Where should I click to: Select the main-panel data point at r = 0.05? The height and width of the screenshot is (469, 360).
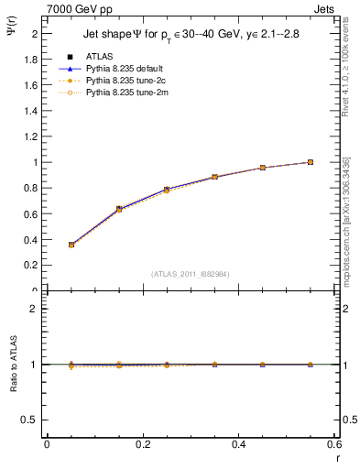pos(71,245)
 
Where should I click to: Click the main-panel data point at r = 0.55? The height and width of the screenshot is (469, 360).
pos(311,162)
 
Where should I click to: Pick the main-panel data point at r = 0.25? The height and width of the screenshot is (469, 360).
pos(167,190)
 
